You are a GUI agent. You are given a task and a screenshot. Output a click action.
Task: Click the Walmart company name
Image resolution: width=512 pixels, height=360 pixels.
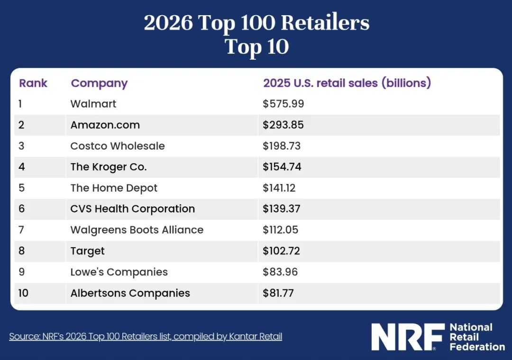click(93, 104)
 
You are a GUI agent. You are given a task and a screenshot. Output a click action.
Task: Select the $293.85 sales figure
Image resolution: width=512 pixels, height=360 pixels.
click(283, 125)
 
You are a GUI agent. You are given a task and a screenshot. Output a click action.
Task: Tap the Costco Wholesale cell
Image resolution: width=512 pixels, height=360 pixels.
click(118, 146)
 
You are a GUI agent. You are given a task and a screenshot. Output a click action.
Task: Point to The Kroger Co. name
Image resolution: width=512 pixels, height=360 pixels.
click(109, 167)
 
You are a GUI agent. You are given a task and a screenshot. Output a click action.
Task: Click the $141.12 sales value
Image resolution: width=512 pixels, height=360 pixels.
click(279, 188)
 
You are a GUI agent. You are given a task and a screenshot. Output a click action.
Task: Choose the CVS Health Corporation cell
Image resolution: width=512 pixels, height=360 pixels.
click(133, 209)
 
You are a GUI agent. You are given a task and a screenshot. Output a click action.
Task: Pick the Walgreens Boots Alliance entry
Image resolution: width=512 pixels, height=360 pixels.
click(137, 230)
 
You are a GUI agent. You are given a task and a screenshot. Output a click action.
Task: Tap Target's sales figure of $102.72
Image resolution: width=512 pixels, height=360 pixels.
click(281, 251)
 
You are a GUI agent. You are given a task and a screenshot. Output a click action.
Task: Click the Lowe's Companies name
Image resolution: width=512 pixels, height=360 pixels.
click(119, 272)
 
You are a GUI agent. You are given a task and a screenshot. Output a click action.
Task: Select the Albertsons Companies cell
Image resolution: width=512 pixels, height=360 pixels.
click(130, 293)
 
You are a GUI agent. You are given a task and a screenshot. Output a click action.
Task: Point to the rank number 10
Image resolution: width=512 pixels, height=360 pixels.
click(23, 293)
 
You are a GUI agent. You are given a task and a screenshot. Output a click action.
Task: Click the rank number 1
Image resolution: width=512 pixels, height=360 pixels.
click(20, 104)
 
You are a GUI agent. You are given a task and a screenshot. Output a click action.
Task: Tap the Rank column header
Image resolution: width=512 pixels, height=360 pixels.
click(33, 83)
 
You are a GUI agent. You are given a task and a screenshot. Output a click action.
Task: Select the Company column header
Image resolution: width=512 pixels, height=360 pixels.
click(99, 83)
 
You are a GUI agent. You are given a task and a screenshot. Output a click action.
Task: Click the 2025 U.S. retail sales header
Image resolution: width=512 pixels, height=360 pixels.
click(347, 83)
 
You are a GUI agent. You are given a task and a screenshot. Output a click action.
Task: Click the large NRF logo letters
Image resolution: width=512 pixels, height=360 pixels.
click(408, 337)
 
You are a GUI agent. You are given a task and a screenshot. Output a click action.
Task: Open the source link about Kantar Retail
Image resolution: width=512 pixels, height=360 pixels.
click(146, 336)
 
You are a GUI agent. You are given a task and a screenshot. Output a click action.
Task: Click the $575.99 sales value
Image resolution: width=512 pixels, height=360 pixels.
click(283, 104)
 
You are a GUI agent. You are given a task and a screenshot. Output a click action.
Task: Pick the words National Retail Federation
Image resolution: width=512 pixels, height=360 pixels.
click(477, 337)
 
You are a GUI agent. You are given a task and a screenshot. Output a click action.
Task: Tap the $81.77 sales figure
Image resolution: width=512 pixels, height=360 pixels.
click(278, 293)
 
